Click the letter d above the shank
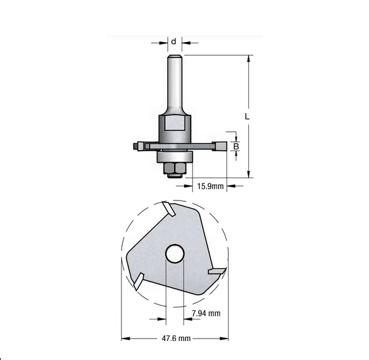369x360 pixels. coord(173,42)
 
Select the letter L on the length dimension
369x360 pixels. coord(247,117)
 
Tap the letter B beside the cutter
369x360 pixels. coord(236,147)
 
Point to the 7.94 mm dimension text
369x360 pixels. coord(206,313)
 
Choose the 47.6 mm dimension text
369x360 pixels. coord(175,339)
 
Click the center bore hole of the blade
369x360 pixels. coord(175,254)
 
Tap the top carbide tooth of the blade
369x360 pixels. coord(168,209)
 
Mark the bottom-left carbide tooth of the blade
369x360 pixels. coord(137,279)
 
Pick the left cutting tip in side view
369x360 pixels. coord(137,147)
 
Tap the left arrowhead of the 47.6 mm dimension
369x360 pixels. coord(124,339)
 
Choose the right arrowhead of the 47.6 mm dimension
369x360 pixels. coord(225,339)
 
